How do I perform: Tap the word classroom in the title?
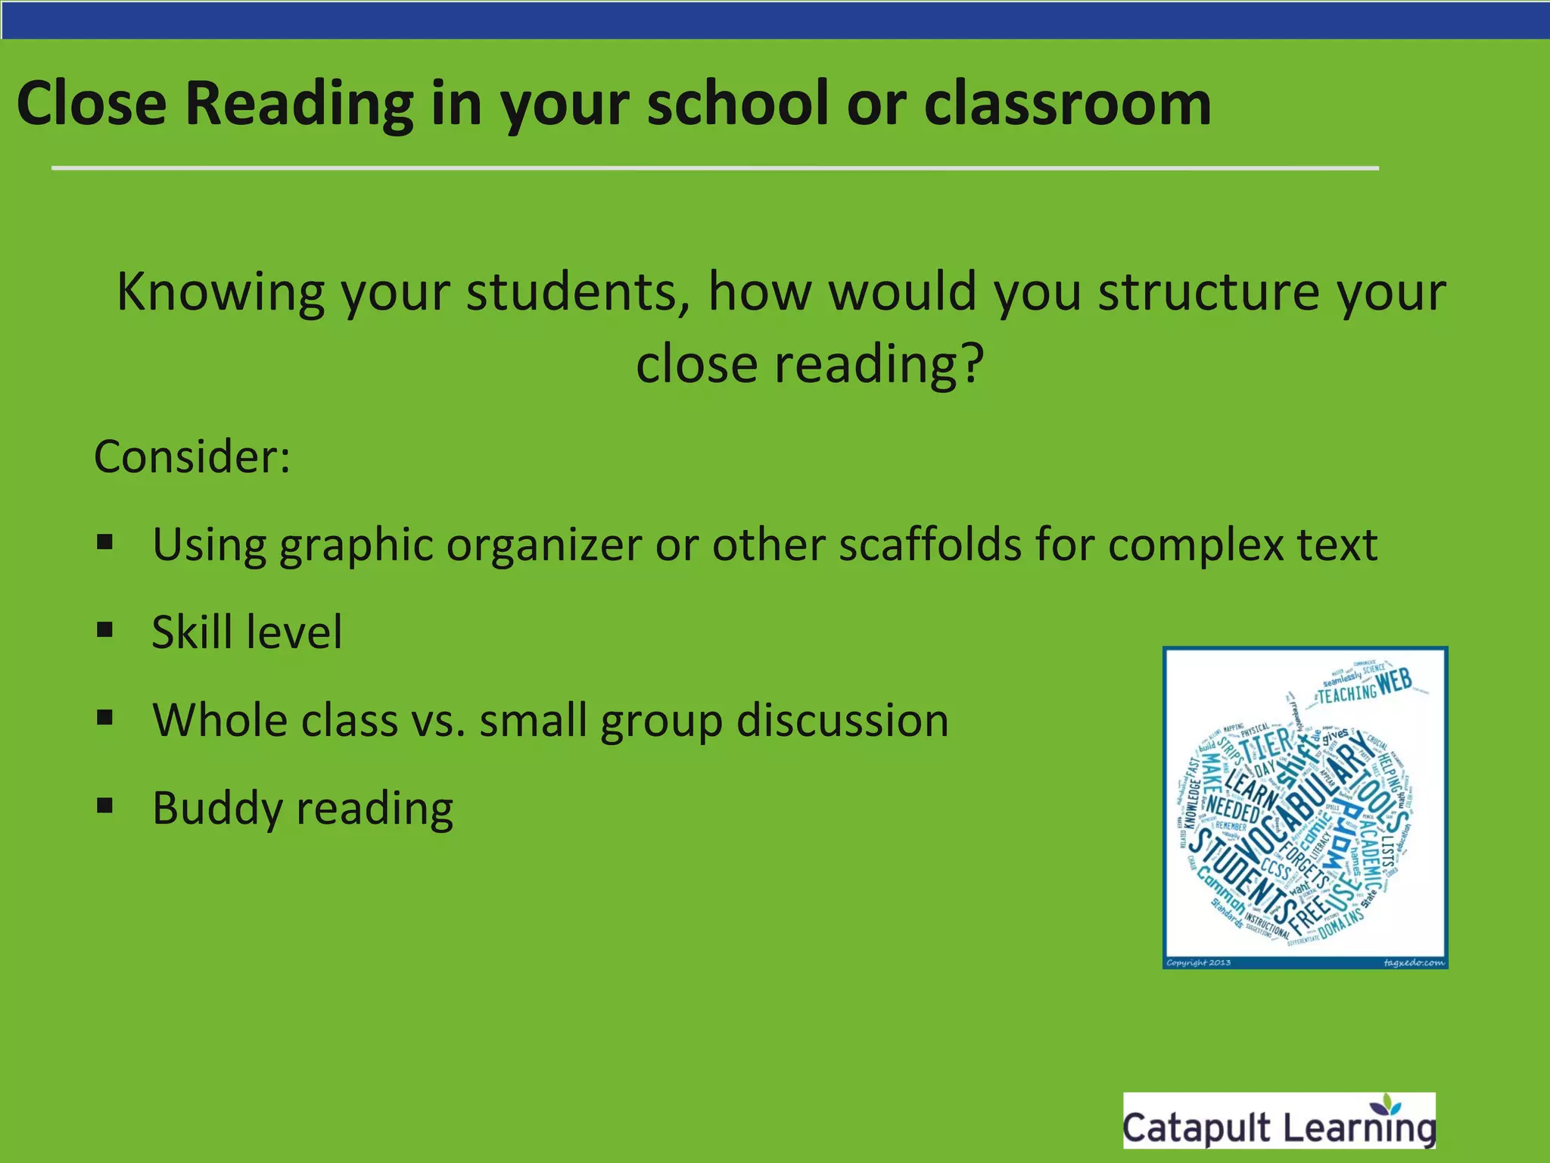[x=1067, y=104]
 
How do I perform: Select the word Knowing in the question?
[x=220, y=292]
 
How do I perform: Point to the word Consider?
[x=192, y=457]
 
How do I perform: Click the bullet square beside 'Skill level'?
[x=105, y=630]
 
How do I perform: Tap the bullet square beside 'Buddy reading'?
[x=105, y=806]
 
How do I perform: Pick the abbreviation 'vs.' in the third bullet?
[x=438, y=720]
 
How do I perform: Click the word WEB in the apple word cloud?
[x=1395, y=682]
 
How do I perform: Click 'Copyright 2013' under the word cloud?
[x=1199, y=962]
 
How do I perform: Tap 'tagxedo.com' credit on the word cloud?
[x=1413, y=962]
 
